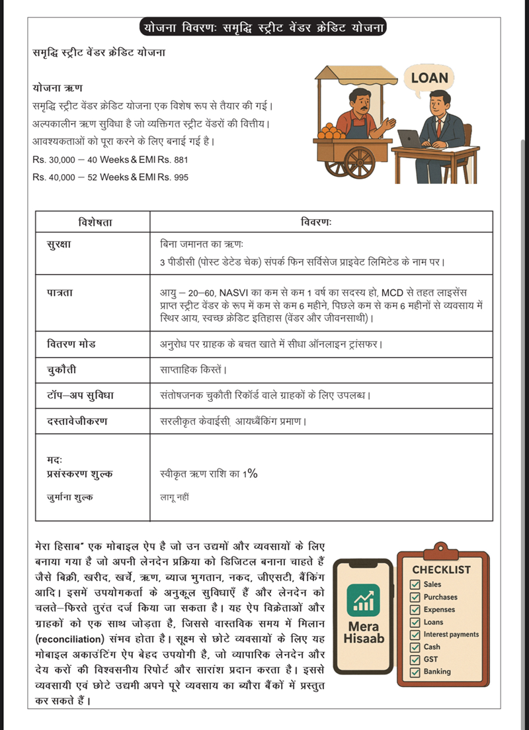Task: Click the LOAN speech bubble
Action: (429, 78)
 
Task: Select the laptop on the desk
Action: (410, 139)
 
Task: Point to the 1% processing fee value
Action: (249, 473)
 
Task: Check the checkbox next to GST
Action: (415, 659)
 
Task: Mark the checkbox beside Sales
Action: (415, 585)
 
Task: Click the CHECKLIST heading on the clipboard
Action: (442, 570)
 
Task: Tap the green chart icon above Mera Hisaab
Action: (363, 600)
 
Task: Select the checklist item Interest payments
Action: (451, 634)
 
